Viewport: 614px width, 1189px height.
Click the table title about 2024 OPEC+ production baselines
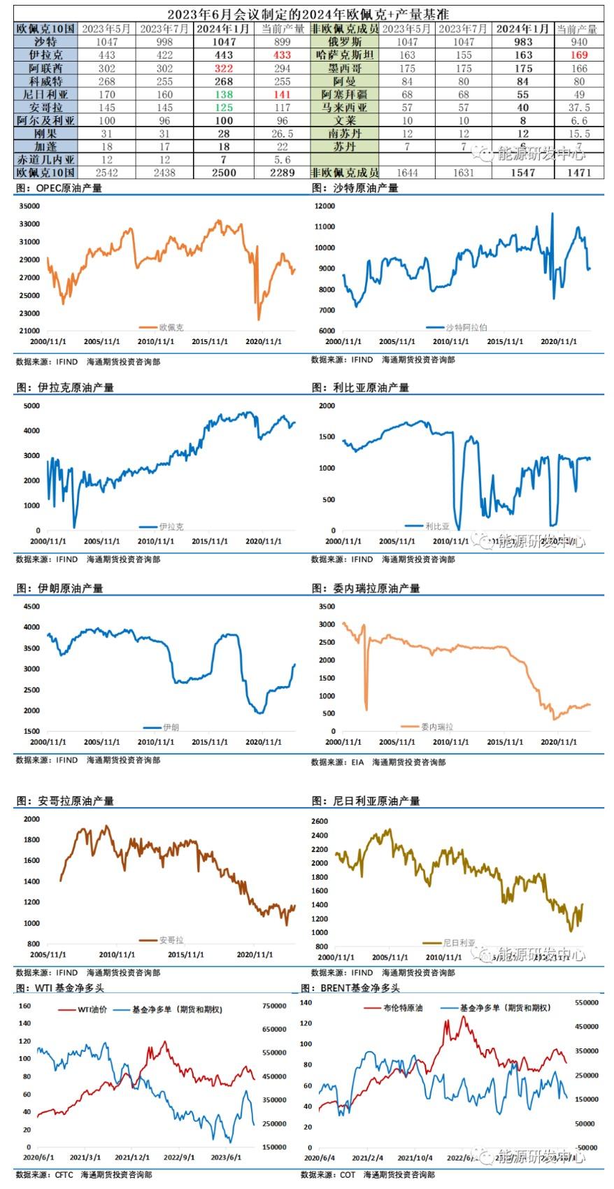pos(308,14)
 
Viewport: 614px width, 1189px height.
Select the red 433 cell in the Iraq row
pos(282,55)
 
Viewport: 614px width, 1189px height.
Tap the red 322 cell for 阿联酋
pos(224,68)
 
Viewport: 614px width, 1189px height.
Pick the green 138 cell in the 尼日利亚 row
pos(224,94)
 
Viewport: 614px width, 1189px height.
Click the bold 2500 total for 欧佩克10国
pos(224,172)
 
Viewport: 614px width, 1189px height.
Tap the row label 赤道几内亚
pos(45,159)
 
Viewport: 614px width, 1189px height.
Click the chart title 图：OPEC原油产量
pos(59,188)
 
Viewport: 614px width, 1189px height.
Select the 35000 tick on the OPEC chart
pos(30,206)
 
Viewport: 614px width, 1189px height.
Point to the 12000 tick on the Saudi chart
pos(325,206)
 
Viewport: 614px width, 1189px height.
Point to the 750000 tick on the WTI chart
pos(275,1006)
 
